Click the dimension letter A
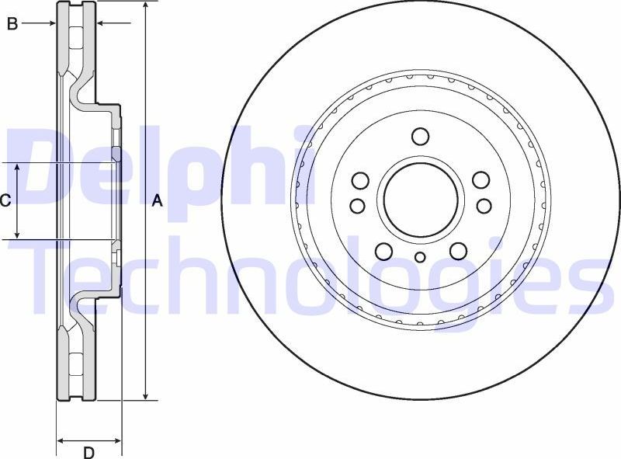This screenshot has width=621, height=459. [157, 201]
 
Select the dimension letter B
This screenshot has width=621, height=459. [12, 24]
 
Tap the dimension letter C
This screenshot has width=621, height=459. [5, 201]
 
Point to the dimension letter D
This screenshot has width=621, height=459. [88, 452]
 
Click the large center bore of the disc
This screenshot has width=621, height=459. [420, 199]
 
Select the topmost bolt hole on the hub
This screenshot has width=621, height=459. [420, 137]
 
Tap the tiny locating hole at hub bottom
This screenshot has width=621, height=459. [420, 258]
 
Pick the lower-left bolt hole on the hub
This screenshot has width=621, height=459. [383, 250]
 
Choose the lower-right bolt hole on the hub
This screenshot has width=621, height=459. [458, 250]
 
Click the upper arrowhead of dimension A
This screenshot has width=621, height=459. [145, 6]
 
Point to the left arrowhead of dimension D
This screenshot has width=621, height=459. [61, 440]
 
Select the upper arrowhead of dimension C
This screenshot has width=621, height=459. [19, 168]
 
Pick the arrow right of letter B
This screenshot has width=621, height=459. [50, 24]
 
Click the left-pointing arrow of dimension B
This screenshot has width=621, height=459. [100, 24]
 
